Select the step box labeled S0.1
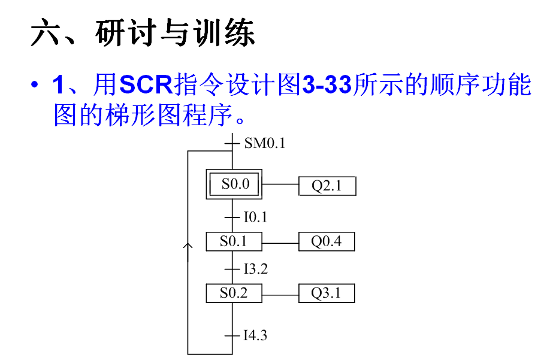234,242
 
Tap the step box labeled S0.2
234,294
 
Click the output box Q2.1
327,186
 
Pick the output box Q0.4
327,242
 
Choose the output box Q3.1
327,294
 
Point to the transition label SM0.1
264,143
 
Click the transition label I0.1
255,217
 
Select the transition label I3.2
255,269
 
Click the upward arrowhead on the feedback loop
188,246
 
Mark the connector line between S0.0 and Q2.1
281,184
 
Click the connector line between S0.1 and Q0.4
281,243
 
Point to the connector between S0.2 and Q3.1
281,294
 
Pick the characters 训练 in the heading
225,34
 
